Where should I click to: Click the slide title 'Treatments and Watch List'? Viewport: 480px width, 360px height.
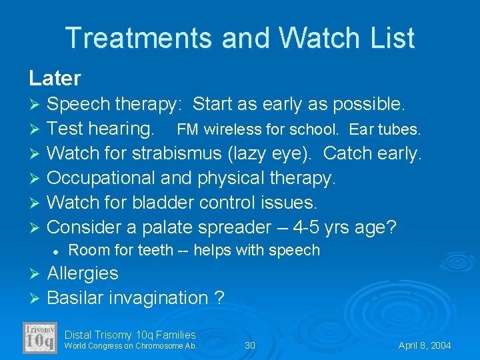tap(240, 38)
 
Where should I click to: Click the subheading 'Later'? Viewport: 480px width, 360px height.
tap(55, 78)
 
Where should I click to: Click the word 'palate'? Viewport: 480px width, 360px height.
tap(163, 227)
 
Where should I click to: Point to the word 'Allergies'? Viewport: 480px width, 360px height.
tap(83, 273)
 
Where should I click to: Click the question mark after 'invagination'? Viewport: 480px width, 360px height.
tap(219, 297)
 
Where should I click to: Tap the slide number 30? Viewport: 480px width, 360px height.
tap(250, 345)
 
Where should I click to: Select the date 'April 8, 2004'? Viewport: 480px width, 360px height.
tap(425, 345)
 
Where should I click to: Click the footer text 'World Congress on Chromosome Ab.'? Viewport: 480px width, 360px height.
tap(131, 345)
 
